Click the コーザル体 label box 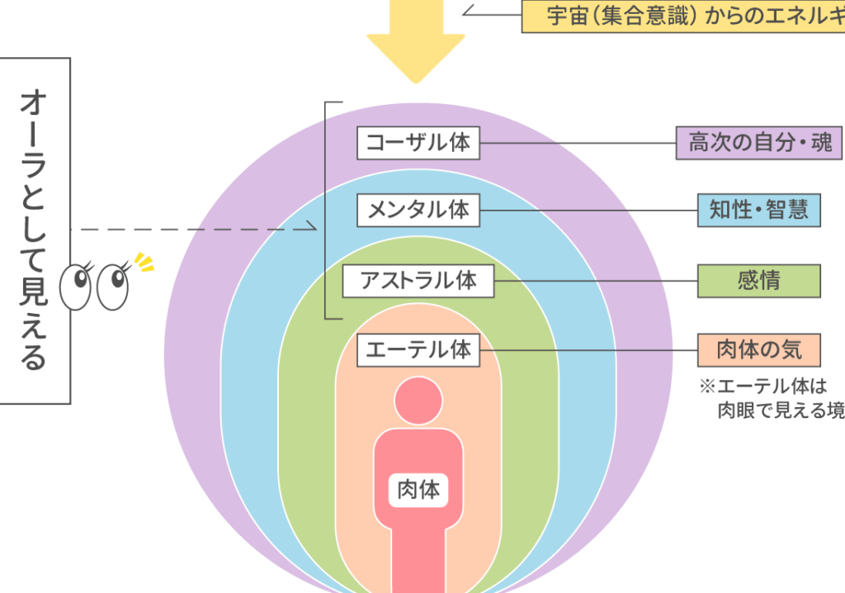click(418, 143)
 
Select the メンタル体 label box click(418, 210)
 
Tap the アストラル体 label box click(418, 281)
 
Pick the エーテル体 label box click(418, 350)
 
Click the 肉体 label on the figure click(418, 491)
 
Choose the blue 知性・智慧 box click(759, 210)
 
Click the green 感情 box click(759, 281)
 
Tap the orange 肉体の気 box click(759, 350)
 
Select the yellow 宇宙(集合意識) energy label click(685, 16)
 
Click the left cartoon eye click(78, 284)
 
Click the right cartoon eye click(113, 286)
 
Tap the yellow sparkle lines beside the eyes click(144, 263)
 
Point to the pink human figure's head click(418, 401)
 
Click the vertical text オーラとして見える click(35, 231)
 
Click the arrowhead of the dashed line click(312, 228)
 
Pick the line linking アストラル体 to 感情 click(598, 281)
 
